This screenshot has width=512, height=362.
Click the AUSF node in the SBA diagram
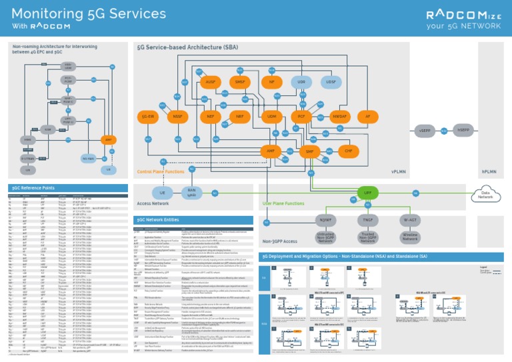pyautogui.click(x=211, y=82)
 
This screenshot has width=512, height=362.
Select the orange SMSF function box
pyautogui.click(x=241, y=82)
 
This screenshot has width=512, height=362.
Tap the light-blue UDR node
pyautogui.click(x=301, y=82)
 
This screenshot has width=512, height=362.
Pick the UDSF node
pyautogui.click(x=331, y=82)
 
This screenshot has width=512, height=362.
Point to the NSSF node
pyautogui.click(x=177, y=117)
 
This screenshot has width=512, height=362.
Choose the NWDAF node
pyautogui.click(x=339, y=117)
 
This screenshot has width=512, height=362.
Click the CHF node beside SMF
pyautogui.click(x=348, y=151)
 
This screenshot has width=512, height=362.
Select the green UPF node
pyautogui.click(x=367, y=192)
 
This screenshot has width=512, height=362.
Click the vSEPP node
pyautogui.click(x=425, y=131)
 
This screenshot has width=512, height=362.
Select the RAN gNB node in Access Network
pyautogui.click(x=192, y=193)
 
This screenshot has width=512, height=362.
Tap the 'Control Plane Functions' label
pyautogui.click(x=161, y=171)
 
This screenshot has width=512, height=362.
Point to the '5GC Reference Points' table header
pyautogui.click(x=33, y=188)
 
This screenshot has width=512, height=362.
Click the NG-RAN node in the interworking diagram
pyautogui.click(x=89, y=159)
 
